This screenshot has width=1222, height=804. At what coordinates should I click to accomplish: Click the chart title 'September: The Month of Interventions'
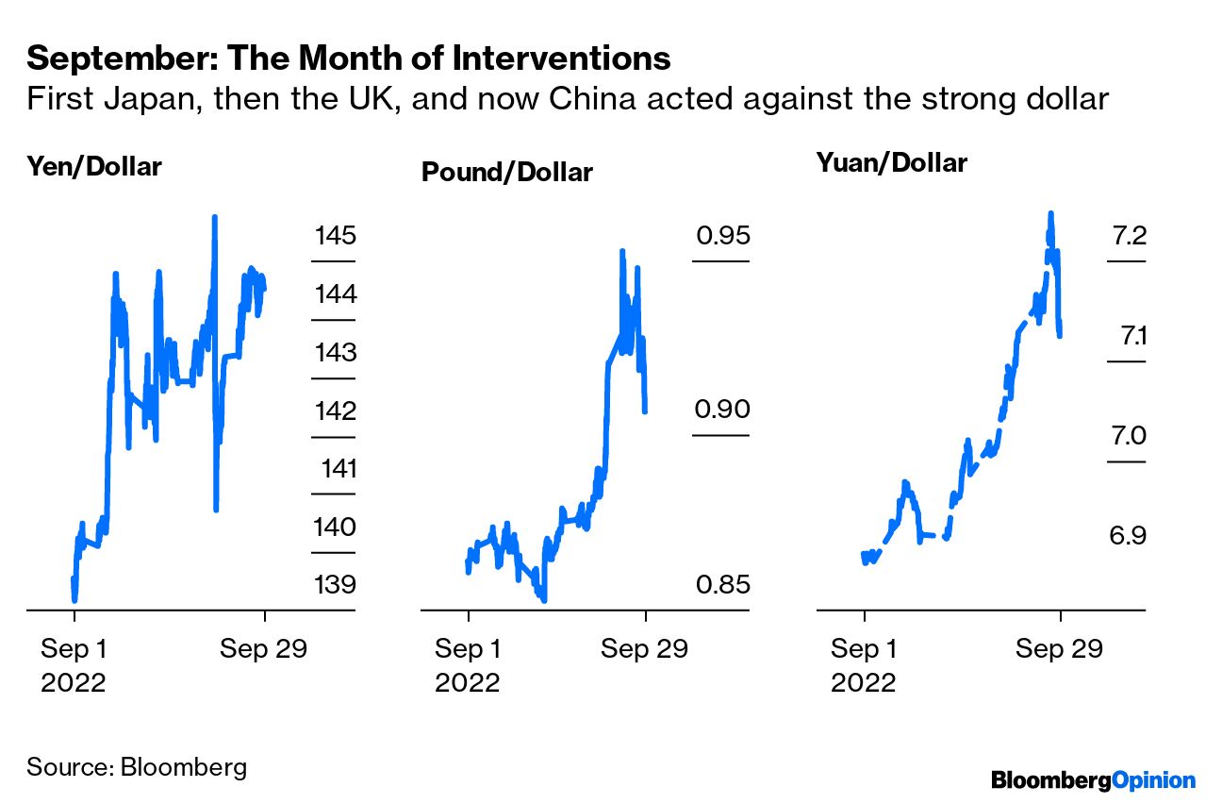349,59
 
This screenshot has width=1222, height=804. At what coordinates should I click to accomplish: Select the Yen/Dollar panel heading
94,167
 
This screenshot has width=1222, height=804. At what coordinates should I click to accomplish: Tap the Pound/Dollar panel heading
506,173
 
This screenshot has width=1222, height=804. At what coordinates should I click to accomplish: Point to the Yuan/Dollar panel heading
891,162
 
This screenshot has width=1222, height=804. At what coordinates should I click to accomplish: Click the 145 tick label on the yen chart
335,235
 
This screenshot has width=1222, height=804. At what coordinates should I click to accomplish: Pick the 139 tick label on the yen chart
335,584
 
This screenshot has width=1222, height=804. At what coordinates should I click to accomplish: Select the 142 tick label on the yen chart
335,410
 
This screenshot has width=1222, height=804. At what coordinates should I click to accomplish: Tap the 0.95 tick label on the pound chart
722,234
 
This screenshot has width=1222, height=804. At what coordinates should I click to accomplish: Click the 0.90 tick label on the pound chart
722,410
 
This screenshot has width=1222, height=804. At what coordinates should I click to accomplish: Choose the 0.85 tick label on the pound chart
722,584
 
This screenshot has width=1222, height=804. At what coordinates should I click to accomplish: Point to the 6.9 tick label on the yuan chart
1128,536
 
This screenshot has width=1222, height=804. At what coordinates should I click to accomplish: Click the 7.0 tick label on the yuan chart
1128,436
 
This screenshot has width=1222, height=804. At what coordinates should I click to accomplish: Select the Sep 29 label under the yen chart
263,649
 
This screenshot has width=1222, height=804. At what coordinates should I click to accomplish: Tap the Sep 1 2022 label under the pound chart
468,664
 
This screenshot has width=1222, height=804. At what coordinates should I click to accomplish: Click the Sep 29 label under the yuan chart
1059,649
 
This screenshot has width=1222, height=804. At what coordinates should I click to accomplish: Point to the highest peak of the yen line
215,217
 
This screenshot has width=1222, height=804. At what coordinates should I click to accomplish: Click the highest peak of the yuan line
1050,213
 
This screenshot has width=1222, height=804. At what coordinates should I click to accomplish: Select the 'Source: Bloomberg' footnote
137,765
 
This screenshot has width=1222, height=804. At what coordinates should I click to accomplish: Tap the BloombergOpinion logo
1093,779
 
